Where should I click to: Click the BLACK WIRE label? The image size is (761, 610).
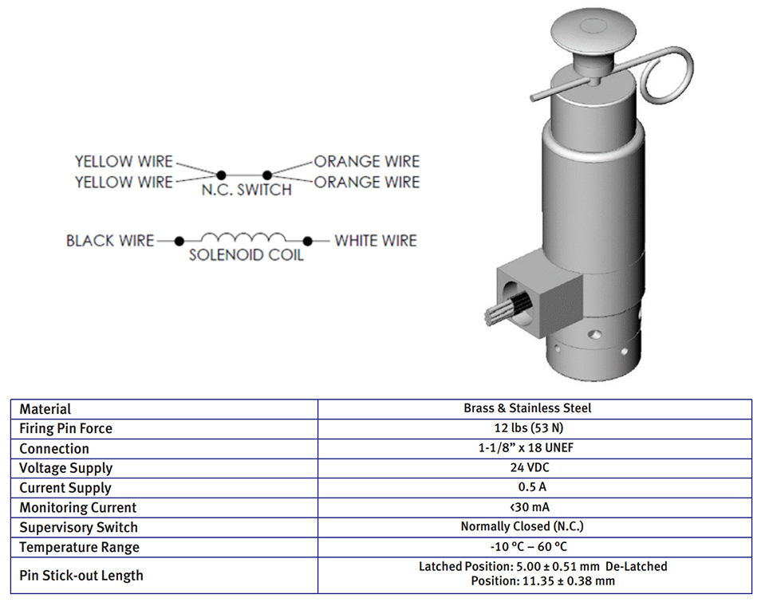pos(110,240)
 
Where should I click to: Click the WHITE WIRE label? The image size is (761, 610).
pos(376,240)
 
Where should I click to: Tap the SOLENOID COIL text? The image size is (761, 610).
pos(246,257)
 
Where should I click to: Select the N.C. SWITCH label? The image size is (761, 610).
pos(246,191)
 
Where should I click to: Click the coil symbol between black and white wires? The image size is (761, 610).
pos(242,238)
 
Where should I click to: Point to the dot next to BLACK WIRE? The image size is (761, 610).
pos(179,240)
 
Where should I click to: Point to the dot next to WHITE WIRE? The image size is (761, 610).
pos(306,240)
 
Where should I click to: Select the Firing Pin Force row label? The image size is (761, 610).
pos(65,428)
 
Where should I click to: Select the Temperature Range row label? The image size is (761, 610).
pos(79,547)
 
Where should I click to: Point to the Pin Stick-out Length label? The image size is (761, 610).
pos(81,575)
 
